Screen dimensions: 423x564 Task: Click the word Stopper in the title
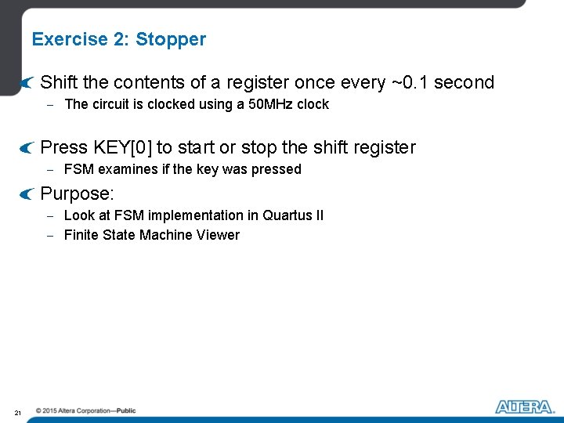tap(171, 39)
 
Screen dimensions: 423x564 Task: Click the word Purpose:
tap(78, 193)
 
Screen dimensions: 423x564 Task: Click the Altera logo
tap(524, 406)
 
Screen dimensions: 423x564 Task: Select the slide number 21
tap(17, 412)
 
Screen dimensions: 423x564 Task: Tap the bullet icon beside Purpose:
tap(27, 193)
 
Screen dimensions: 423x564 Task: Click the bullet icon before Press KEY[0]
tap(27, 147)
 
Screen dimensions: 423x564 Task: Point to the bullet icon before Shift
tap(27, 82)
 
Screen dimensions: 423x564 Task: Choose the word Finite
tap(81, 235)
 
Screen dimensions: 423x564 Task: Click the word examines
tap(124, 169)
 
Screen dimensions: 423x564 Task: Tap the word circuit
tap(114, 104)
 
